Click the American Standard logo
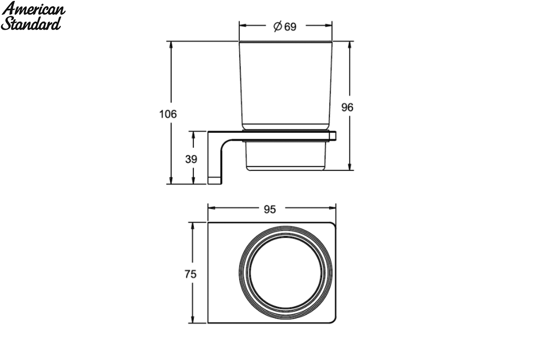click(x=33, y=16)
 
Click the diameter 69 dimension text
click(x=285, y=27)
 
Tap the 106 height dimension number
click(x=168, y=114)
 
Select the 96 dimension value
click(x=347, y=107)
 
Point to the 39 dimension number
click(x=191, y=159)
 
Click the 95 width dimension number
click(x=270, y=209)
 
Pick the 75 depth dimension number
click(x=190, y=274)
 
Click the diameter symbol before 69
click(x=278, y=26)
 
